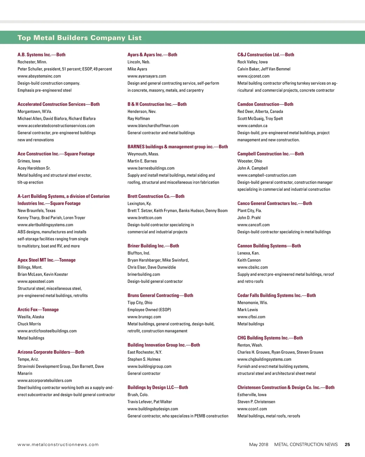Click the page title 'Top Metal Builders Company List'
click(x=79, y=38)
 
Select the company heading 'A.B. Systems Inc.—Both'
click(x=41, y=55)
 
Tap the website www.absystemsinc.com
click(x=39, y=76)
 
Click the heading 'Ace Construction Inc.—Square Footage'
click(x=56, y=154)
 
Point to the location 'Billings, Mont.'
click(x=30, y=267)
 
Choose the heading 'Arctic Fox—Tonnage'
click(x=38, y=310)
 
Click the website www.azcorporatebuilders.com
click(x=45, y=380)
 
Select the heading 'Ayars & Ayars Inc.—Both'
click(x=152, y=55)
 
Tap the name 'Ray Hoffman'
click(x=138, y=119)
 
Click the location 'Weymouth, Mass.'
click(x=143, y=154)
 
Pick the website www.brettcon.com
click(x=144, y=218)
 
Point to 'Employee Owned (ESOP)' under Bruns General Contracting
click(x=149, y=310)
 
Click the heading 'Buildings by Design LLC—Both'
click(x=158, y=387)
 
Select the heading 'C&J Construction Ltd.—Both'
click(x=266, y=55)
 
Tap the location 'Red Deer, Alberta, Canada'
click(x=260, y=112)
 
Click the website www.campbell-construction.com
click(x=266, y=175)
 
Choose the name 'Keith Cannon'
click(x=249, y=260)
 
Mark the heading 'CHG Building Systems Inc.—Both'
click(x=270, y=338)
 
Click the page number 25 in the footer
click(x=347, y=445)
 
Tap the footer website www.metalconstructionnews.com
click(x=58, y=445)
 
